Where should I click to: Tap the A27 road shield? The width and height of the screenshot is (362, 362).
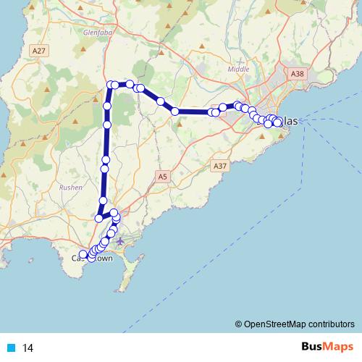[x=39, y=50]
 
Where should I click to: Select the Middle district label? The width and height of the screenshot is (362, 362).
[x=238, y=69]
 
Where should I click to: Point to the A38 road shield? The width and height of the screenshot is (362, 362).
[x=296, y=74]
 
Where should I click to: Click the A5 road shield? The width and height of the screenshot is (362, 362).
[x=163, y=175]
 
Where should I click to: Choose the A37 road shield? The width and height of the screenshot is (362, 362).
[x=221, y=166]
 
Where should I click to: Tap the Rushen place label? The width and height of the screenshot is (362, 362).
[x=70, y=186]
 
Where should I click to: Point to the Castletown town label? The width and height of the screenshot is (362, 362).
[x=92, y=258]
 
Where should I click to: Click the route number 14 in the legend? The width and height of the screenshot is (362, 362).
[x=28, y=348]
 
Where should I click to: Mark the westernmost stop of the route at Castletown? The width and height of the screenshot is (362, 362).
[x=83, y=254]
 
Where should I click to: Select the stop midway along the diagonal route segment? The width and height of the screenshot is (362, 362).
[x=161, y=101]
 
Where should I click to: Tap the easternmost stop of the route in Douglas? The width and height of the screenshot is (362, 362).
[x=278, y=122]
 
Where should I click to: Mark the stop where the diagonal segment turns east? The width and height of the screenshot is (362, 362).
[x=175, y=111]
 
